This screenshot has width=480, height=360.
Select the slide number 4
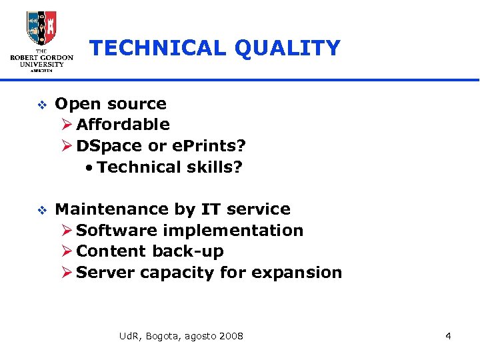[x=448, y=335]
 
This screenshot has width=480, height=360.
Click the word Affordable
[x=123, y=124]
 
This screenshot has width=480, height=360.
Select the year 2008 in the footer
[x=231, y=335]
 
